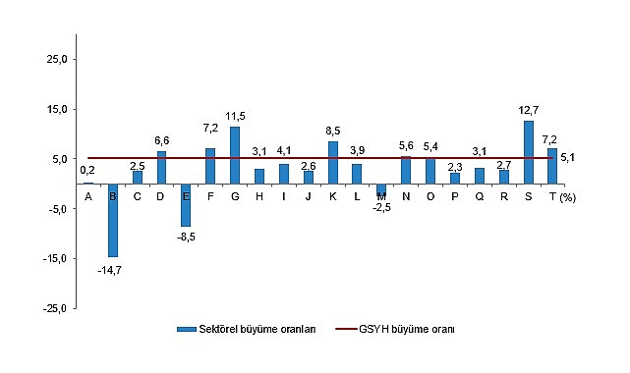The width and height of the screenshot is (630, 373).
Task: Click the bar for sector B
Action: [113, 220]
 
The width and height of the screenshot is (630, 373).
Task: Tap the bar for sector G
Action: [235, 155]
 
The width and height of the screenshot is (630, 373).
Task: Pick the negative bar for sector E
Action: [186, 204]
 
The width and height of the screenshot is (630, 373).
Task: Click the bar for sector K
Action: [333, 162]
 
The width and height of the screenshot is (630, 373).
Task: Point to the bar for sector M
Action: [381, 188]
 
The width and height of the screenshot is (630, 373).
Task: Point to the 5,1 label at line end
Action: [568, 157]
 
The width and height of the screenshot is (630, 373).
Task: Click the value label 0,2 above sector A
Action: [88, 171]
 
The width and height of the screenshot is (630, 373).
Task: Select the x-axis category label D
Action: [161, 196]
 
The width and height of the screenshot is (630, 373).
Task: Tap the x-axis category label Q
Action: [479, 196]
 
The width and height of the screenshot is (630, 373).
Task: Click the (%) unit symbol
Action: [569, 197]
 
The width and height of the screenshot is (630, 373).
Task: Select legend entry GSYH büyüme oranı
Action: [412, 331]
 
